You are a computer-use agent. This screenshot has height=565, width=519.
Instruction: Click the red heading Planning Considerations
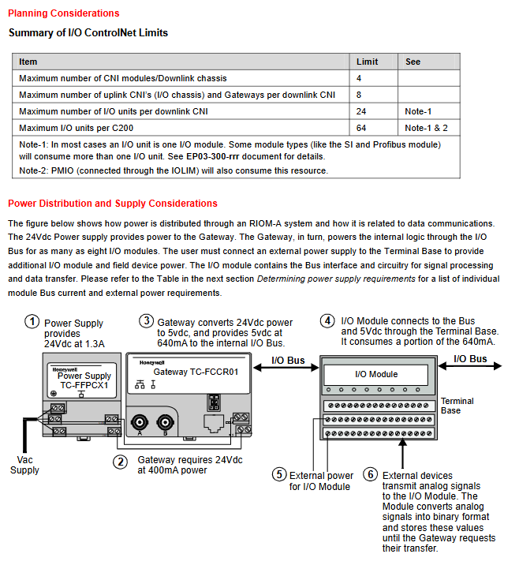tap(64, 13)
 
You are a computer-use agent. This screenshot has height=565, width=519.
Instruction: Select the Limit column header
tap(367, 62)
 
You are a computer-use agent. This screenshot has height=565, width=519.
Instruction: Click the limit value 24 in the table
tap(361, 111)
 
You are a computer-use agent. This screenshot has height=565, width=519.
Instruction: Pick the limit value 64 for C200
tap(361, 128)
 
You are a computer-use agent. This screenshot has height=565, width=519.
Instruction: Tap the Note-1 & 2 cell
tap(426, 128)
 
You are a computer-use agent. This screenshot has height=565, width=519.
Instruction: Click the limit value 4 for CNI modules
tap(359, 78)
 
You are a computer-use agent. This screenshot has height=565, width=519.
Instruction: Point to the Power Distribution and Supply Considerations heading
tap(113, 204)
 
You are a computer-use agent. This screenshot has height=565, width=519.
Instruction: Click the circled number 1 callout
tap(32, 322)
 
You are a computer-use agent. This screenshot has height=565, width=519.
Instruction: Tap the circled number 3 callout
tap(146, 321)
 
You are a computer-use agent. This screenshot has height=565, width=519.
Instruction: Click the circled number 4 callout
tap(327, 321)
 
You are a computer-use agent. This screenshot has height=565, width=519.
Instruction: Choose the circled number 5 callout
tap(278, 474)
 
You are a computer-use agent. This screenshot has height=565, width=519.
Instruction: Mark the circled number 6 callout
tap(371, 474)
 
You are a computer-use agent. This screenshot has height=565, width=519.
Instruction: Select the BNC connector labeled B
tap(166, 421)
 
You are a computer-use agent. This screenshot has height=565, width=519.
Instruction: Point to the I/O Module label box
tap(376, 374)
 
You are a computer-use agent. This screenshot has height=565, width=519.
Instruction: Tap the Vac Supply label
tap(24, 464)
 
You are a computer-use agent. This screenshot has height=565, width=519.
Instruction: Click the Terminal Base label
tap(457, 406)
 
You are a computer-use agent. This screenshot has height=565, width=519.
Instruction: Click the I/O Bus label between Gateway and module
tap(288, 360)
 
